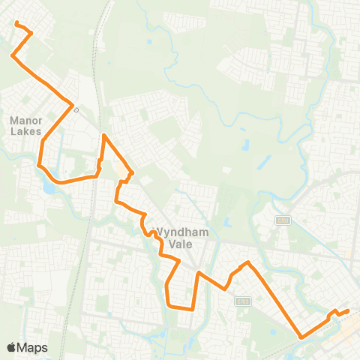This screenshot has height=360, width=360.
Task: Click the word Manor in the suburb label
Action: [x=25, y=120]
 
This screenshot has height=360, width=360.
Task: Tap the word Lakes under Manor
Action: [x=25, y=130]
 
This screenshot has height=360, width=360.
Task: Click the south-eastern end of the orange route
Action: [x=348, y=310]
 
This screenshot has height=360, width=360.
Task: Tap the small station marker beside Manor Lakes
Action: [x=76, y=107]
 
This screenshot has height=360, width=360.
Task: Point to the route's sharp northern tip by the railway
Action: [x=103, y=134]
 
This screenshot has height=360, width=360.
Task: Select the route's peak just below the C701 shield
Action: [x=247, y=262]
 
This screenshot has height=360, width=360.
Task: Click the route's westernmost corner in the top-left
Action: [x=11, y=55]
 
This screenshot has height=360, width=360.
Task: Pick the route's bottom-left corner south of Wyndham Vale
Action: [x=169, y=306]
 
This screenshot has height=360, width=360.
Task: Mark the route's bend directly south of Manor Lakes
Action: [x=39, y=163]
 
